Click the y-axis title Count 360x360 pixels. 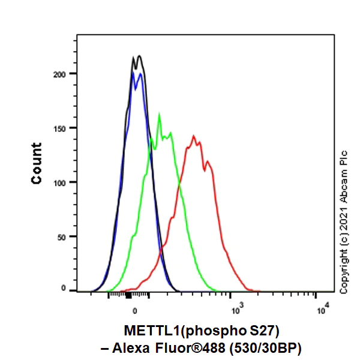tap(37, 163)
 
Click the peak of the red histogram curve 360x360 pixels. tap(194, 136)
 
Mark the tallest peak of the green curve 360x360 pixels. tap(159, 114)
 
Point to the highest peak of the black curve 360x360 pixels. tap(139, 56)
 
